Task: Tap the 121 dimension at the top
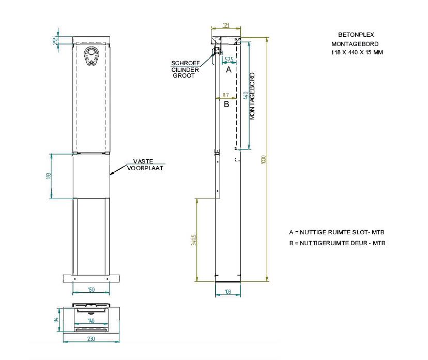(x=226, y=25)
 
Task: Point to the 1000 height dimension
(x=263, y=160)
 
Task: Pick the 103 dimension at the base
(x=228, y=292)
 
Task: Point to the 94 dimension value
(x=56, y=320)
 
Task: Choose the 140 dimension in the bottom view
(x=91, y=321)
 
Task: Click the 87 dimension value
(x=225, y=95)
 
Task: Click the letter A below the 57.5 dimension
(x=228, y=69)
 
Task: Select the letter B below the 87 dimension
(x=226, y=104)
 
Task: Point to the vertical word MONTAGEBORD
(x=252, y=96)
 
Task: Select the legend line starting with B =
(x=337, y=243)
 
